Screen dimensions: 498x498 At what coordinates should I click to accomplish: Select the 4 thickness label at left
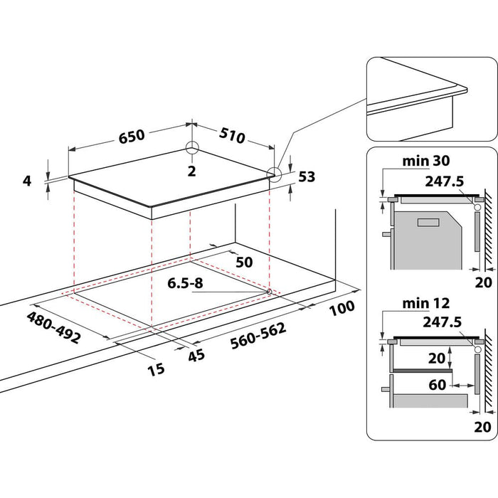(27, 181)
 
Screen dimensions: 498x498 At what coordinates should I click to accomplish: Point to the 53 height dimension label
(307, 176)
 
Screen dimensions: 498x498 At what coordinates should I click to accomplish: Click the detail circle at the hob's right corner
(273, 174)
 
